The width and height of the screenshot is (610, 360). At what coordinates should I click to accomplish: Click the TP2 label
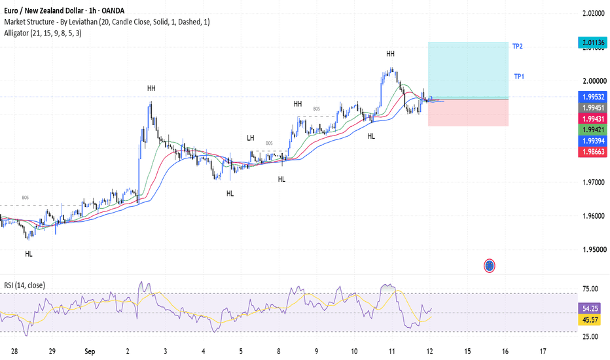tap(518, 46)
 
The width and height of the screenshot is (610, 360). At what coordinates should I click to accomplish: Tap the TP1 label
tap(519, 77)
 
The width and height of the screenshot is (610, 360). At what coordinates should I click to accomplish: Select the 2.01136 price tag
tap(592, 43)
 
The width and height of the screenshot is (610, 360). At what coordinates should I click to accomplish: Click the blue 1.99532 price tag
tap(592, 96)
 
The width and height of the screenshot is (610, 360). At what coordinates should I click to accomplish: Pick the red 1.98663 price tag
tap(592, 151)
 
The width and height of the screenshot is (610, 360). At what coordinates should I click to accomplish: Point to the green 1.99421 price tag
tap(592, 130)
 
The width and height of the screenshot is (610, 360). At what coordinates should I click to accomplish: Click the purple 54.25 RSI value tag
tap(590, 308)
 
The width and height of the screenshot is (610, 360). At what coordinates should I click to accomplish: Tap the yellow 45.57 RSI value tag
tap(590, 319)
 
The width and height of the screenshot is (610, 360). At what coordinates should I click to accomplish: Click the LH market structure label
tap(251, 137)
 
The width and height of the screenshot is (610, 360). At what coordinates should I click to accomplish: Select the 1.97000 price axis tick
tap(594, 182)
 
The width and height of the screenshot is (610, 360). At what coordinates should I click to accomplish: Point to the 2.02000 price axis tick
tap(594, 13)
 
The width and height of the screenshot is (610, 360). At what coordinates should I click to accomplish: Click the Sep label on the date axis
tap(90, 351)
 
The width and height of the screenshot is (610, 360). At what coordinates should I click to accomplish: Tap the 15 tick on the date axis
tap(467, 351)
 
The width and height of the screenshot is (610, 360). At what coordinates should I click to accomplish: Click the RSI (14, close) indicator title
tap(24, 285)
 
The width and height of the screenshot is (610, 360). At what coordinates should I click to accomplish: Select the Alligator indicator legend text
tap(43, 33)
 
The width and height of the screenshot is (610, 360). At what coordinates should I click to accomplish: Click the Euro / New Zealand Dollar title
tap(45, 10)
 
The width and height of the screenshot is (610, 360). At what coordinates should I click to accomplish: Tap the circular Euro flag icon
tap(490, 266)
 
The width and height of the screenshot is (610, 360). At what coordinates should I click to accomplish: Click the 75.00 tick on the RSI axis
tap(590, 289)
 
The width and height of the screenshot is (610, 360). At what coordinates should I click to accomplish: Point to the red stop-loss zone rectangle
tap(468, 113)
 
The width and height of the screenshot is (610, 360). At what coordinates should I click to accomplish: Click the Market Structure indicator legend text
tap(107, 22)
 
